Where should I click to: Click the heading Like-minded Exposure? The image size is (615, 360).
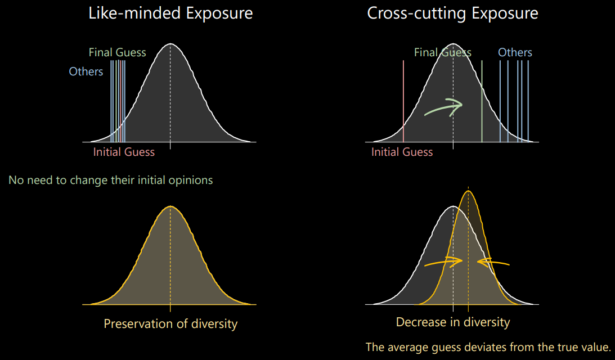pyautogui.click(x=170, y=13)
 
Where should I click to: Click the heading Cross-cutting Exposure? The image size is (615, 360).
pyautogui.click(x=452, y=13)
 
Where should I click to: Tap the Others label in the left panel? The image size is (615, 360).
pyautogui.click(x=86, y=71)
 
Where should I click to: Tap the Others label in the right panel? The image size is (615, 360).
pyautogui.click(x=515, y=52)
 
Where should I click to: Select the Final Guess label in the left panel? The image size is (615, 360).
pyautogui.click(x=117, y=52)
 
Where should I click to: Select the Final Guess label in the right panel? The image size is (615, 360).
pyautogui.click(x=442, y=52)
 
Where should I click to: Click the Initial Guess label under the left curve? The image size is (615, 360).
pyautogui.click(x=124, y=152)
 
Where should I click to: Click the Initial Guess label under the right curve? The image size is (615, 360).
pyautogui.click(x=402, y=152)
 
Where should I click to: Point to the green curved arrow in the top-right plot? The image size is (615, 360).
pyautogui.click(x=443, y=106)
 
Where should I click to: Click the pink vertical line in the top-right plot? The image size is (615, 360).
pyautogui.click(x=403, y=101)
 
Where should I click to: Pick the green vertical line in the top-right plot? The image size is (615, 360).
pyautogui.click(x=482, y=101)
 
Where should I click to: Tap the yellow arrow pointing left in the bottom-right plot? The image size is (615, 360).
pyautogui.click(x=493, y=262)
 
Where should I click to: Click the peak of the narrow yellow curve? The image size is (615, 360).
pyautogui.click(x=469, y=191)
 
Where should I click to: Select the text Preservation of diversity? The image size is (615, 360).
pyautogui.click(x=170, y=324)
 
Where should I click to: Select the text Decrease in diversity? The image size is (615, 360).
pyautogui.click(x=453, y=322)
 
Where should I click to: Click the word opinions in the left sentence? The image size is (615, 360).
pyautogui.click(x=194, y=180)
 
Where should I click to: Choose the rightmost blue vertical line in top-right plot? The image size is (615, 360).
pyautogui.click(x=528, y=101)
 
